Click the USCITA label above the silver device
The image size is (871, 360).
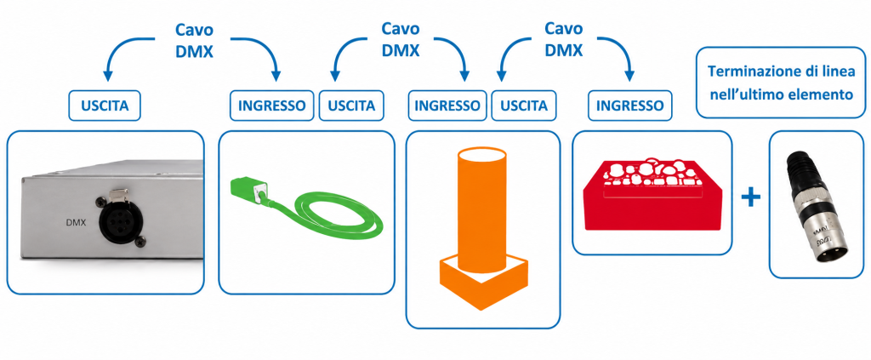[x=105, y=106]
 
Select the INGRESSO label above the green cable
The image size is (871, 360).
[x=272, y=106]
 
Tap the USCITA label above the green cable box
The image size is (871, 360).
[x=351, y=106]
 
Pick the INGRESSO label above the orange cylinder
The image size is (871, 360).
[x=447, y=106]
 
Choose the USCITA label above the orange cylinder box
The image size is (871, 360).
[x=523, y=106]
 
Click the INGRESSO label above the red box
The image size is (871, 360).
[x=630, y=106]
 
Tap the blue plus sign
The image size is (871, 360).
[x=750, y=197]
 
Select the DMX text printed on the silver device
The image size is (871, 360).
[x=75, y=223]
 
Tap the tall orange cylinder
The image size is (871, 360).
[x=481, y=210]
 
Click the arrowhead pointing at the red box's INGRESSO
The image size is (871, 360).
[x=629, y=76]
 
